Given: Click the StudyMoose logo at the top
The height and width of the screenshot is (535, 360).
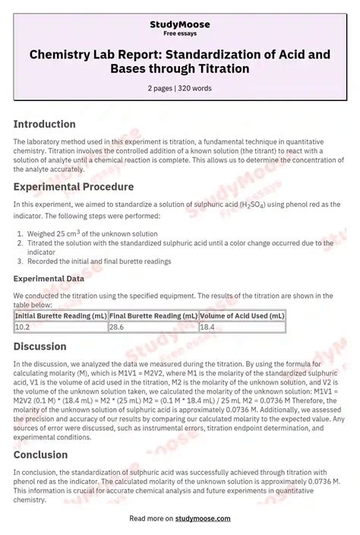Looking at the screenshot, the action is [x=180, y=24].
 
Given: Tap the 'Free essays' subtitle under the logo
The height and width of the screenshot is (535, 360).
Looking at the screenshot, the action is [x=180, y=34].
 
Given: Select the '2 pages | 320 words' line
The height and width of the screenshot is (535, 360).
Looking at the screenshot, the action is [x=180, y=88].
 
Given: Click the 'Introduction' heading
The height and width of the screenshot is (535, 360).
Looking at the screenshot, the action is [x=45, y=124].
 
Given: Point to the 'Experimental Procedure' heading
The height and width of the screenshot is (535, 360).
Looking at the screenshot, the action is [x=74, y=186].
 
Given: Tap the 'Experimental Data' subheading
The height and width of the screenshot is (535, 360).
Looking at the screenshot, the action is [x=49, y=279].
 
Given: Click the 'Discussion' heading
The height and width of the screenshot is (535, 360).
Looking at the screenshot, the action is [x=41, y=347].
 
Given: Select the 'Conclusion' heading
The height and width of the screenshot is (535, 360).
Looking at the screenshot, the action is [x=42, y=454].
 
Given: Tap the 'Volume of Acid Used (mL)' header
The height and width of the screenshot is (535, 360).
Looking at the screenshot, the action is [x=242, y=315].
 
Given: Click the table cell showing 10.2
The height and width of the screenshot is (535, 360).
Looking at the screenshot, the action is [x=23, y=327].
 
